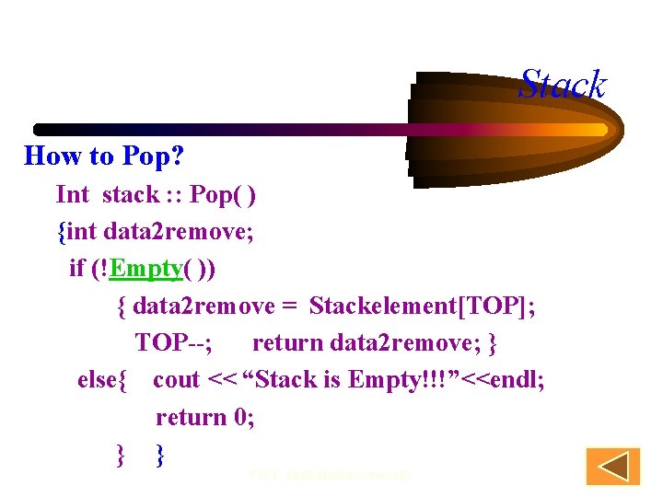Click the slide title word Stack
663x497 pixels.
coord(562,86)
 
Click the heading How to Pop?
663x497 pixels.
coord(95,156)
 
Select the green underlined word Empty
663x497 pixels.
coord(144,268)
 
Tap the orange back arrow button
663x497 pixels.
coord(612,467)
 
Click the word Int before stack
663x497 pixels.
coord(72,194)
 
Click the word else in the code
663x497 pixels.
coord(98,379)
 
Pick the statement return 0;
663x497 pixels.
coord(204,417)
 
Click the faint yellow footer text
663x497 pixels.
coord(331,476)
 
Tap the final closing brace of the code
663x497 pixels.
coord(161,454)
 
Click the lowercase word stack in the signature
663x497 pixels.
coord(130,194)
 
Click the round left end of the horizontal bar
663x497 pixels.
coord(40,129)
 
